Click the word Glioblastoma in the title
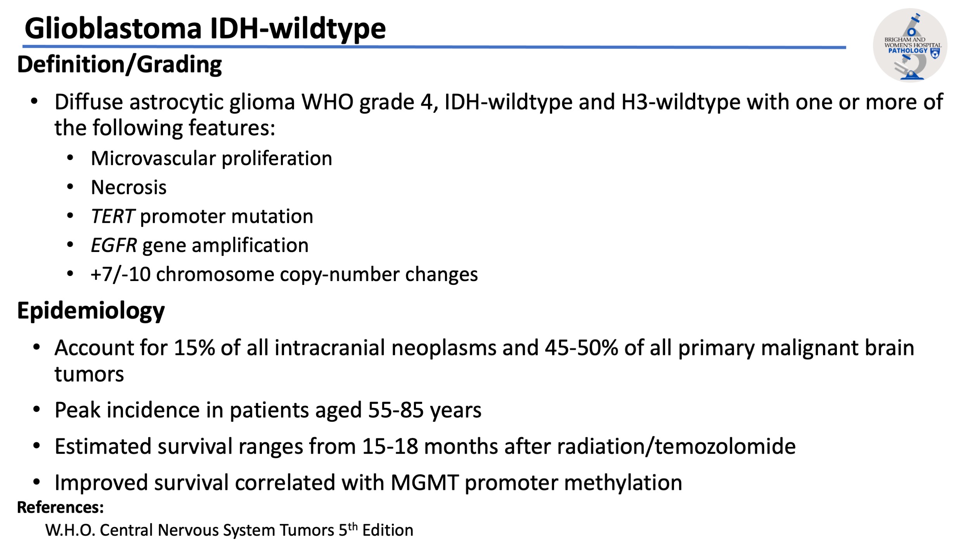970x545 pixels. tap(113, 29)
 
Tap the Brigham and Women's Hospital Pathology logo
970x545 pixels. tap(910, 45)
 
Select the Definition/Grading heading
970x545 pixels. tap(119, 64)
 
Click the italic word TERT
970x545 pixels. tap(112, 216)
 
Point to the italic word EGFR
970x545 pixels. tap(114, 245)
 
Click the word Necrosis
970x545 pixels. tap(128, 188)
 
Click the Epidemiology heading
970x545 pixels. tap(91, 311)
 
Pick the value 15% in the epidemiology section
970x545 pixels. tap(194, 348)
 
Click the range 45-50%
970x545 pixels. tap(581, 348)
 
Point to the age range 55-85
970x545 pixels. tap(395, 410)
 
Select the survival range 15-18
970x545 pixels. tap(390, 447)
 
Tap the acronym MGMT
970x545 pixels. tap(424, 483)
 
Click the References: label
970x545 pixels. tap(61, 507)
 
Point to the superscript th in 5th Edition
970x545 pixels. tap(352, 527)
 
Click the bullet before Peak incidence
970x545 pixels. tap(36, 410)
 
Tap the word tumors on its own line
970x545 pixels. tap(89, 374)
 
